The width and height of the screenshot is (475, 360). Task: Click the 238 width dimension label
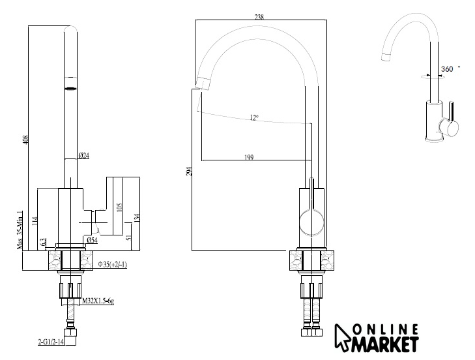(259, 17)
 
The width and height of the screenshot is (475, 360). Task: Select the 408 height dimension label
(25, 140)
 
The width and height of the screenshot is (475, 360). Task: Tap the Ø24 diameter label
(83, 156)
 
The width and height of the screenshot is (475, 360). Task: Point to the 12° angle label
(255, 117)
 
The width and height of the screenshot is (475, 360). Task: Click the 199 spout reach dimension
(249, 157)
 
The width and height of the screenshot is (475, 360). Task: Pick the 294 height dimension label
(189, 172)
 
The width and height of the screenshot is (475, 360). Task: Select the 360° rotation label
(450, 69)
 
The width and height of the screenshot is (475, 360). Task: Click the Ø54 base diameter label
(92, 240)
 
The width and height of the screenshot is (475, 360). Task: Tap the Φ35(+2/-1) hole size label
(112, 265)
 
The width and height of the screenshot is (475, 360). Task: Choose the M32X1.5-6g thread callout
(98, 301)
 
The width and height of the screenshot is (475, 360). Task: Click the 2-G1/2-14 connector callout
(51, 342)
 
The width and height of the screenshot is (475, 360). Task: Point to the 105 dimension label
(119, 208)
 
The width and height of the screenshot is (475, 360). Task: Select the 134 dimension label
(137, 217)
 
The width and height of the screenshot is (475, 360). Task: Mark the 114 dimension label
(35, 221)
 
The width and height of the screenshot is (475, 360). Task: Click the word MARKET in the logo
(385, 344)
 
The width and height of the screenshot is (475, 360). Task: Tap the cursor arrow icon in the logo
(342, 338)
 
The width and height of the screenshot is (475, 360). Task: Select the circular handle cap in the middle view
(311, 222)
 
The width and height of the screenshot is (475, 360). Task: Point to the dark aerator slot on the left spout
(70, 89)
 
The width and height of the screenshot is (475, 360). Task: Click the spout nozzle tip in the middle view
(203, 83)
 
